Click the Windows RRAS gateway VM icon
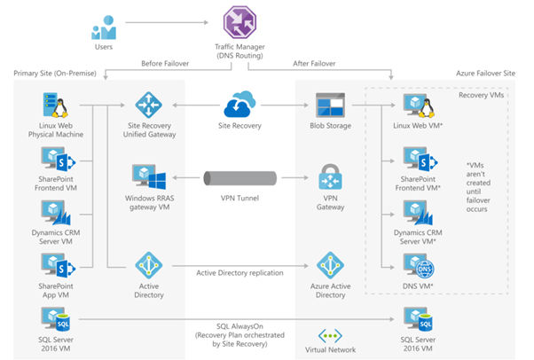tap(145, 176)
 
